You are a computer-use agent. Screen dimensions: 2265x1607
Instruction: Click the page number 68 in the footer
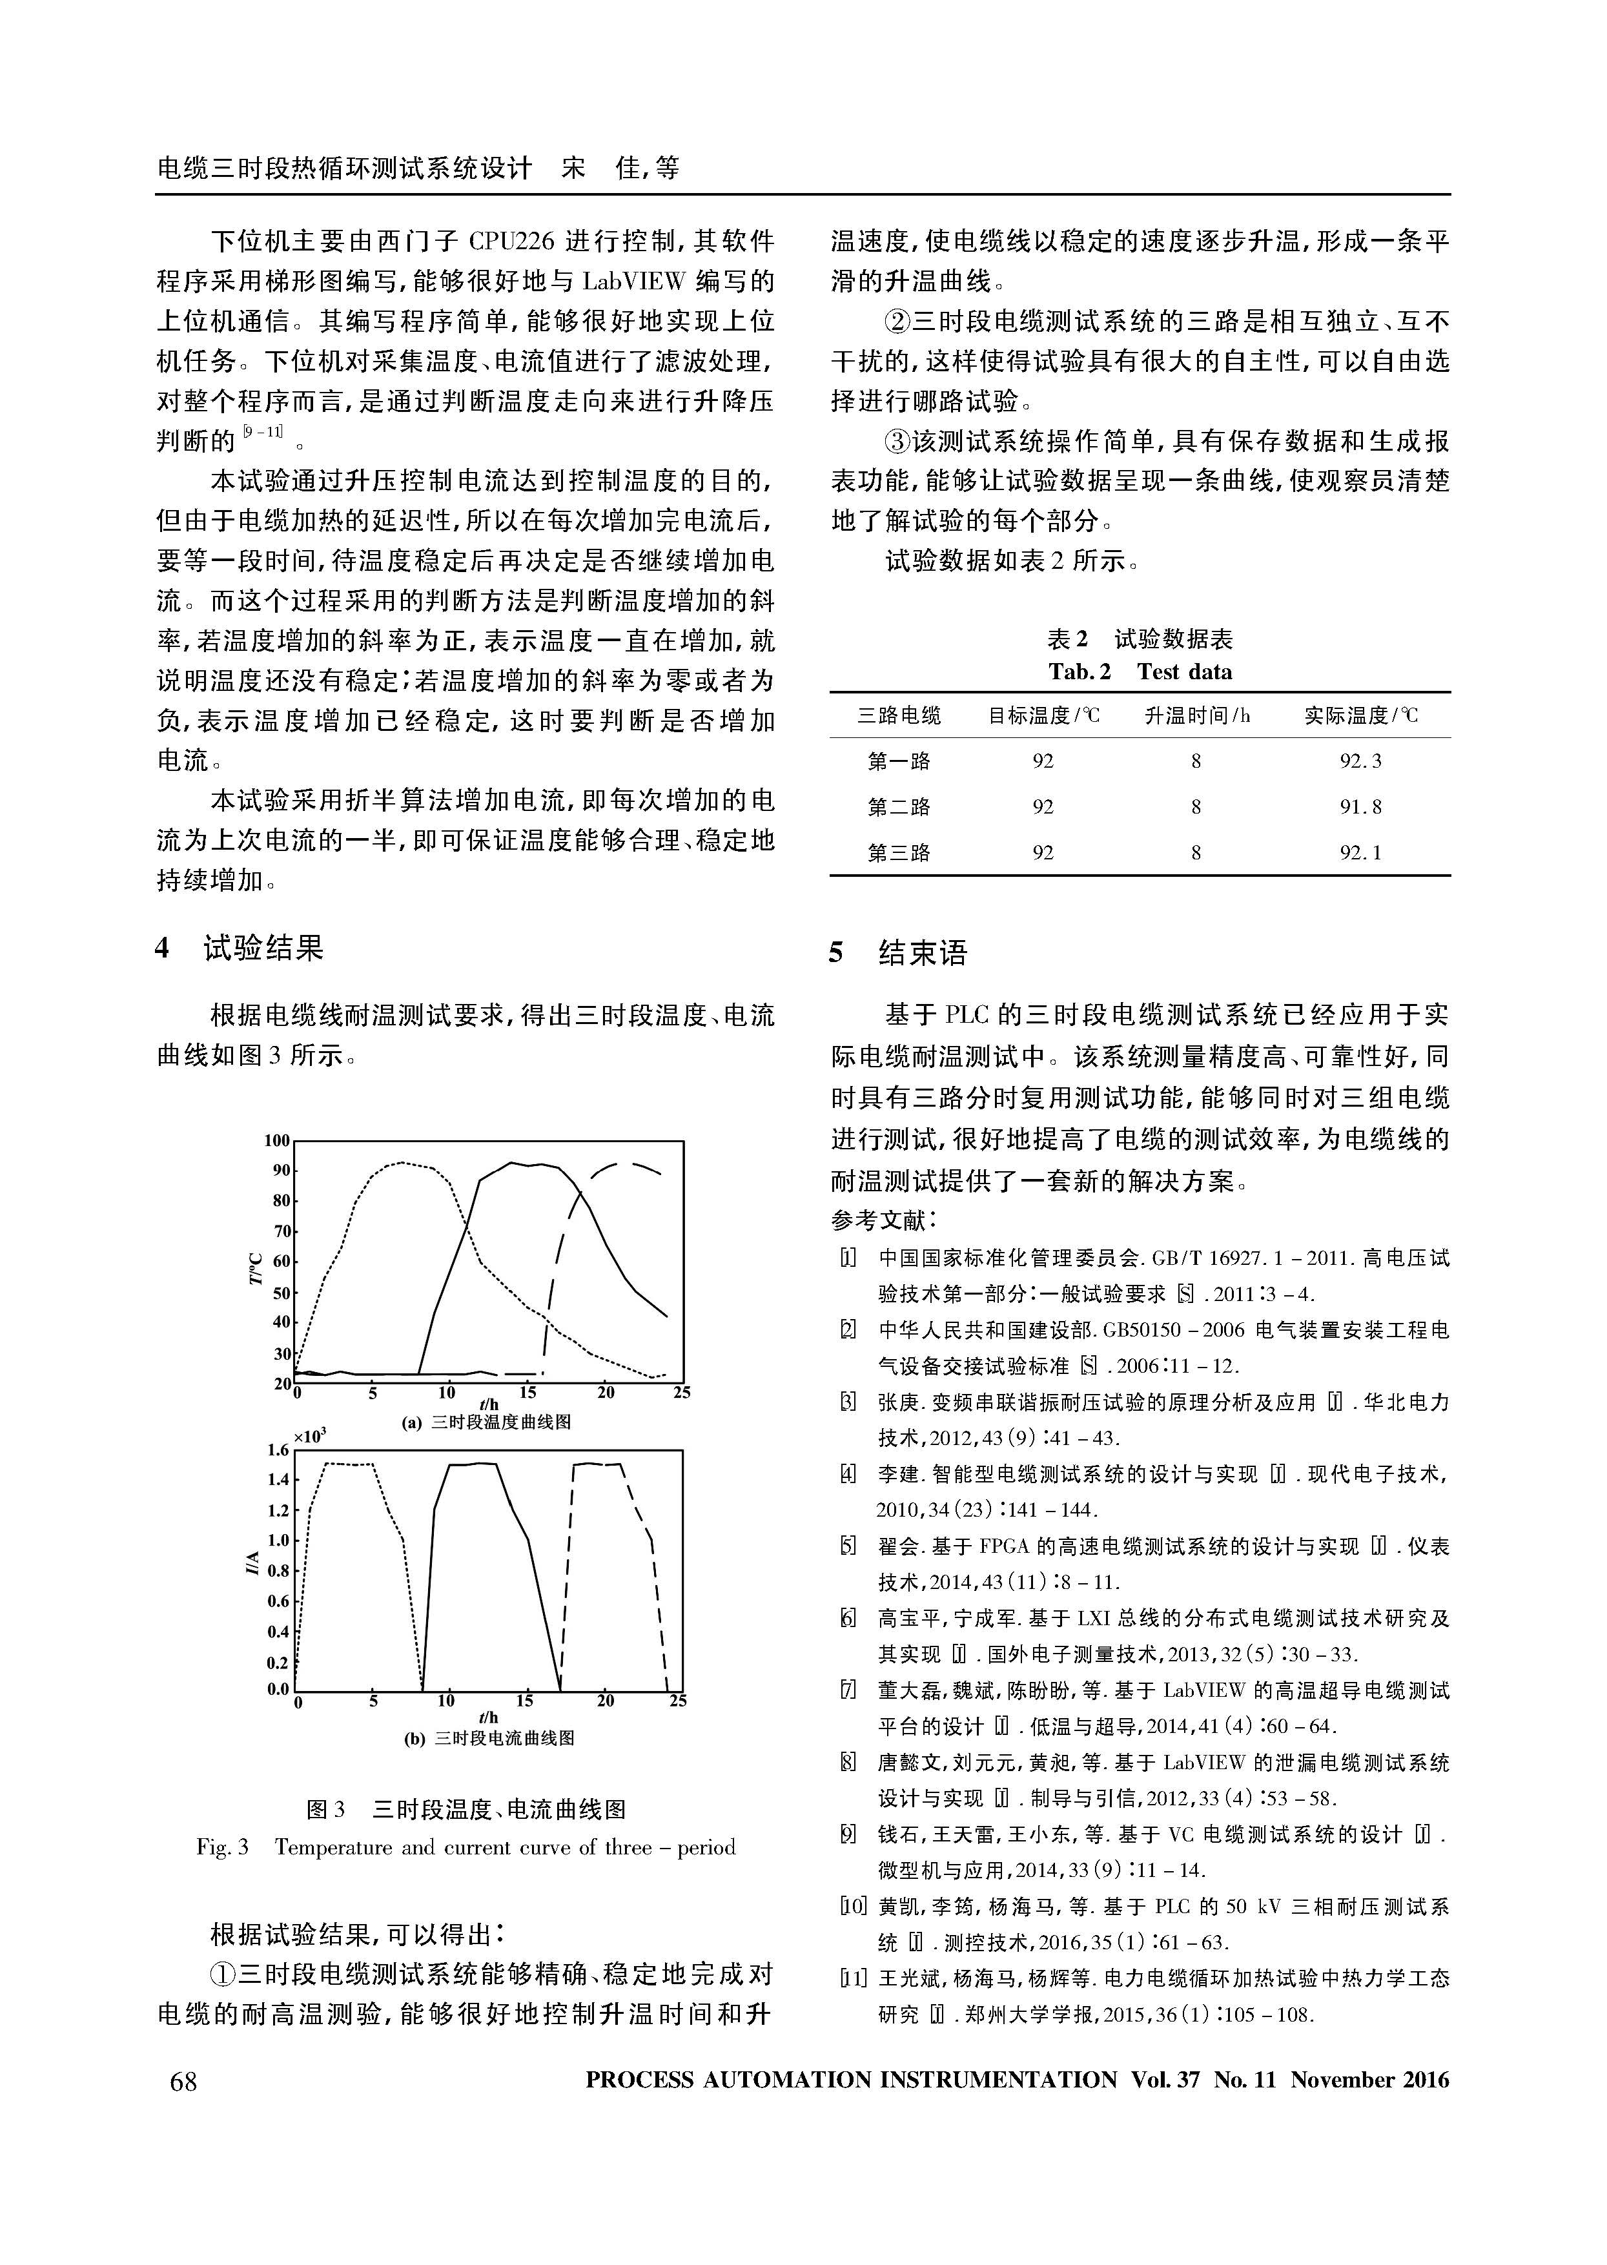[x=184, y=2081]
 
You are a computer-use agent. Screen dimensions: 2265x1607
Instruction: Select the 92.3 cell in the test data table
[x=1360, y=761]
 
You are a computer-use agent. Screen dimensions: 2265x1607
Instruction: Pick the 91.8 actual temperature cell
[x=1360, y=806]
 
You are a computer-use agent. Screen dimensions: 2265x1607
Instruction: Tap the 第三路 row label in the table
[x=899, y=852]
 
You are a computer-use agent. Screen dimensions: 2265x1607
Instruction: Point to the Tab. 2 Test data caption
[x=1140, y=672]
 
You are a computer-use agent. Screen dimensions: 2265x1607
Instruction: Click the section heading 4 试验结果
[x=240, y=948]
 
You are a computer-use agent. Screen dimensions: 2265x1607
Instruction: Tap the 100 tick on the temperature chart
[x=277, y=1141]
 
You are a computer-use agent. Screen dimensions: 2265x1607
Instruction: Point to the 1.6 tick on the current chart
[x=278, y=1451]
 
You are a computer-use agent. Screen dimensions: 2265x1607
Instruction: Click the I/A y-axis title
[x=254, y=1563]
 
